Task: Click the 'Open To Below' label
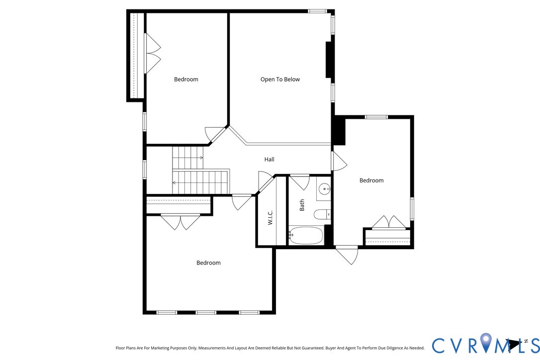point(280,80)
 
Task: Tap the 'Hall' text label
point(269,160)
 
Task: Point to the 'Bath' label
point(302,205)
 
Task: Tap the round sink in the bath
point(324,189)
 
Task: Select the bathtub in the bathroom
point(306,235)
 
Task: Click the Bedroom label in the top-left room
point(186,80)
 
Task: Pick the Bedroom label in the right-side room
point(371,180)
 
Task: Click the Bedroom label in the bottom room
point(208,263)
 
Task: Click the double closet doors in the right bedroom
point(389,222)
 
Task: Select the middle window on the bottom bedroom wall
point(205,312)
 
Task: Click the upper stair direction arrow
point(201,158)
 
